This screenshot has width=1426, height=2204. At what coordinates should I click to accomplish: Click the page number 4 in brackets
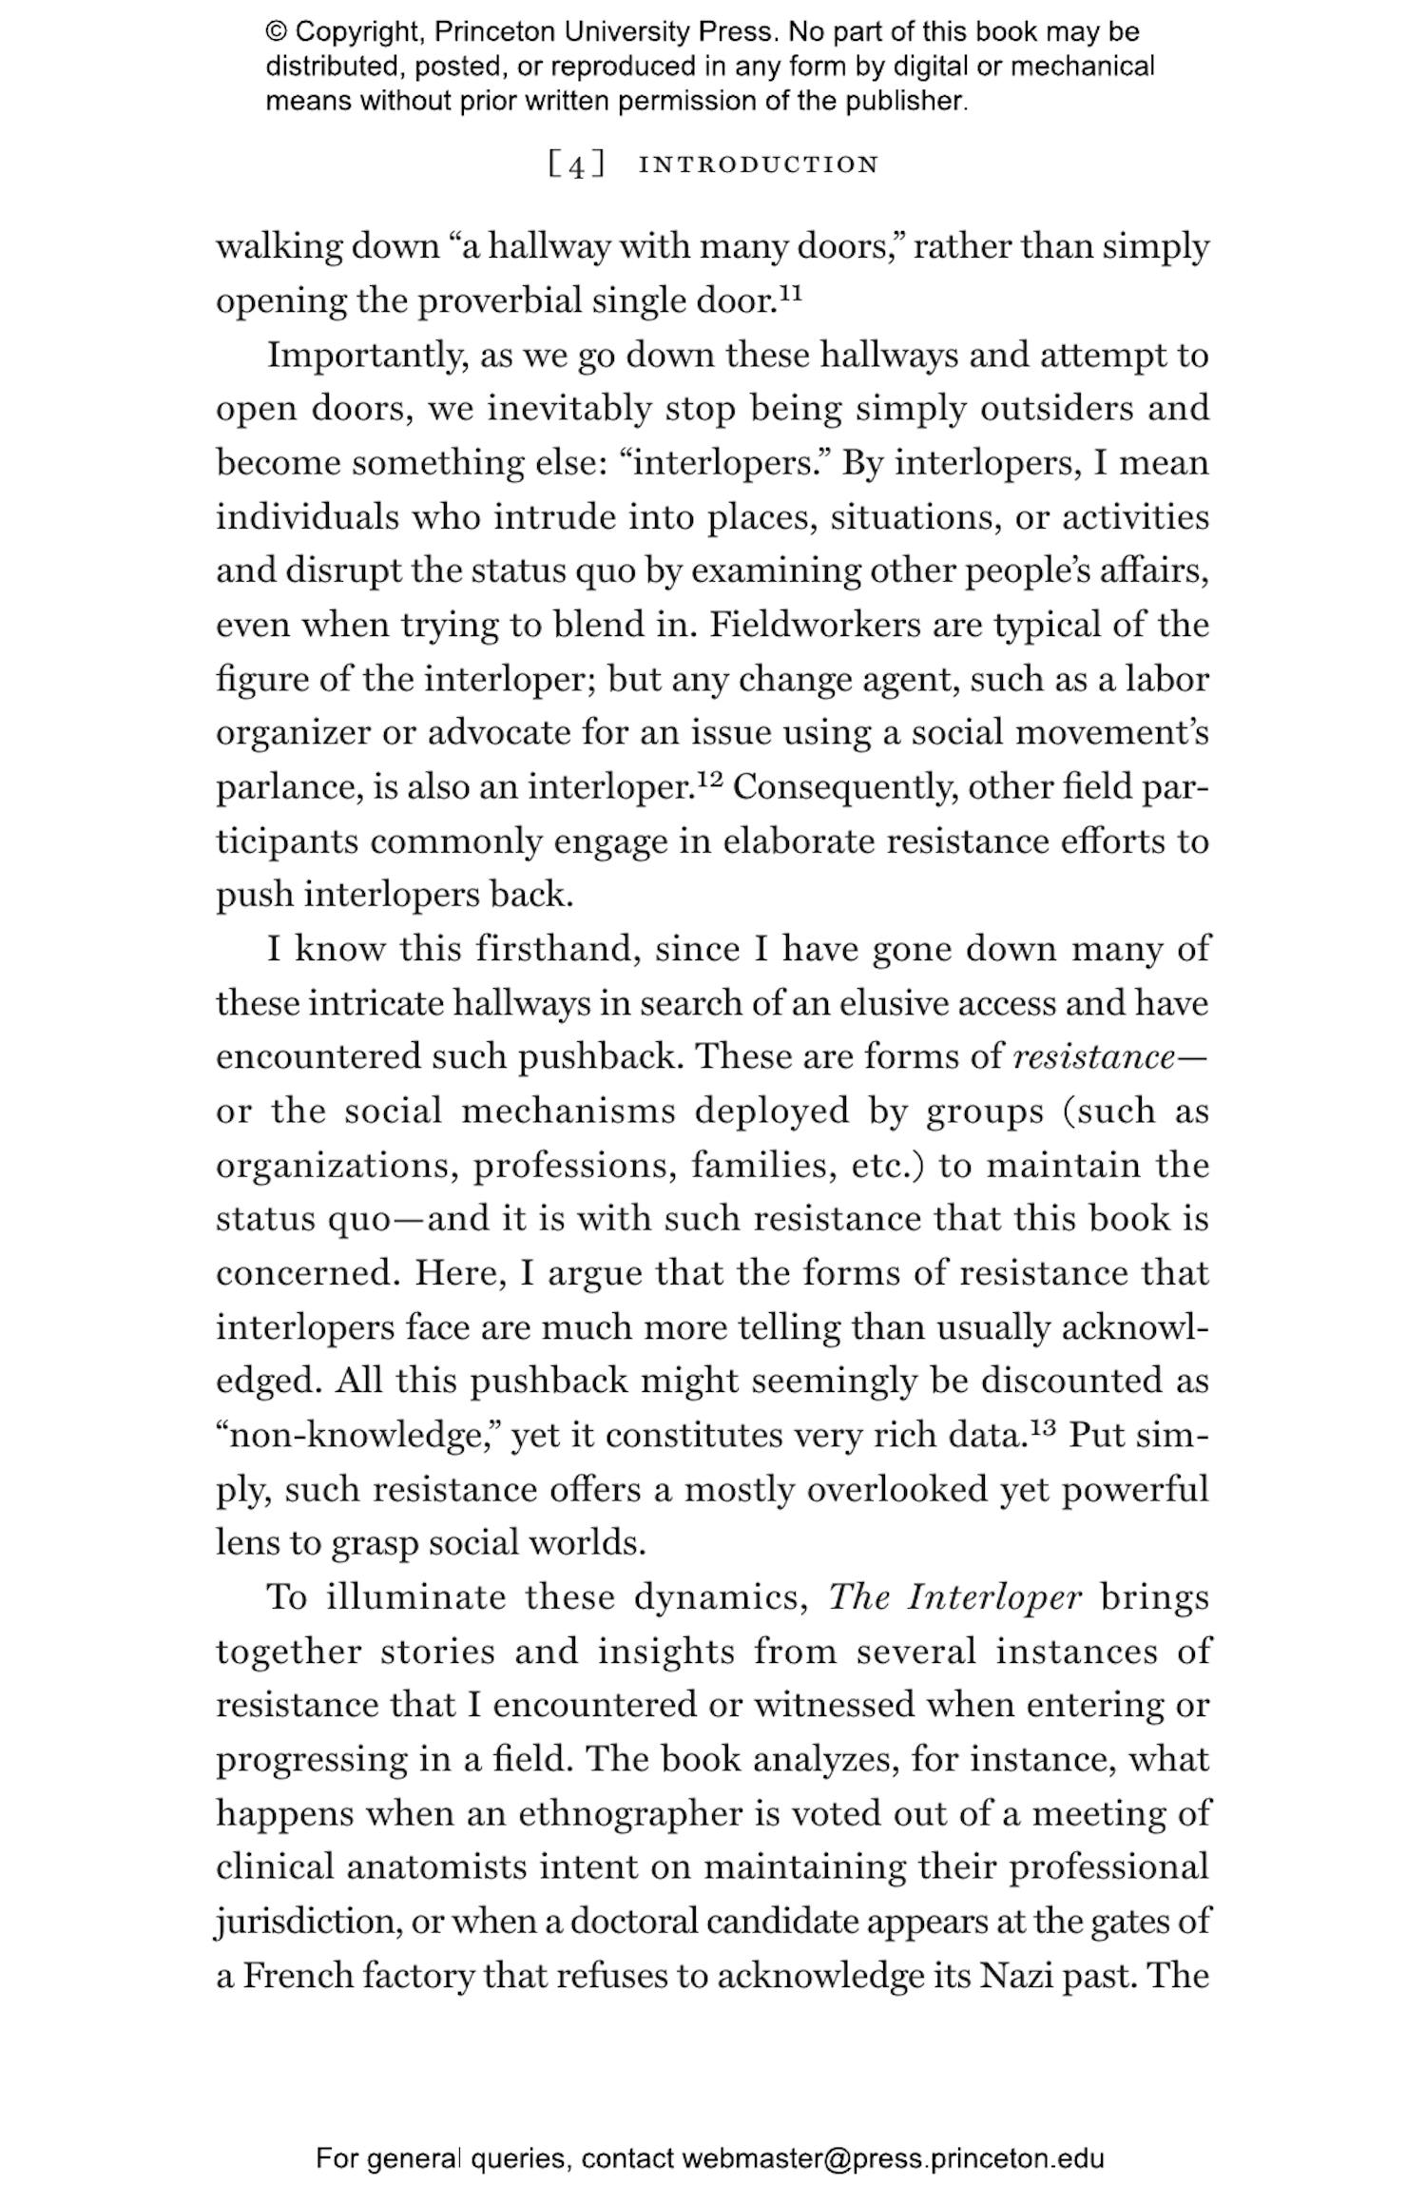(576, 165)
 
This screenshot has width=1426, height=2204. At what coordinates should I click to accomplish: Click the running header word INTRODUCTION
(759, 164)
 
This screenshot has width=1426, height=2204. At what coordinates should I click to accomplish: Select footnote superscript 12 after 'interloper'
(710, 779)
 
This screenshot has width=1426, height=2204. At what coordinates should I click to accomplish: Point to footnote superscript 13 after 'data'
(1042, 1426)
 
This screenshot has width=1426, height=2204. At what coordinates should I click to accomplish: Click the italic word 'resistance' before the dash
(1093, 1056)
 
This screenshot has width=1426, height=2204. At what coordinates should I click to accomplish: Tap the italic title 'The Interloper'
(954, 1597)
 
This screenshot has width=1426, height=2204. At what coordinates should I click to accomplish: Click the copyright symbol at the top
(277, 32)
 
